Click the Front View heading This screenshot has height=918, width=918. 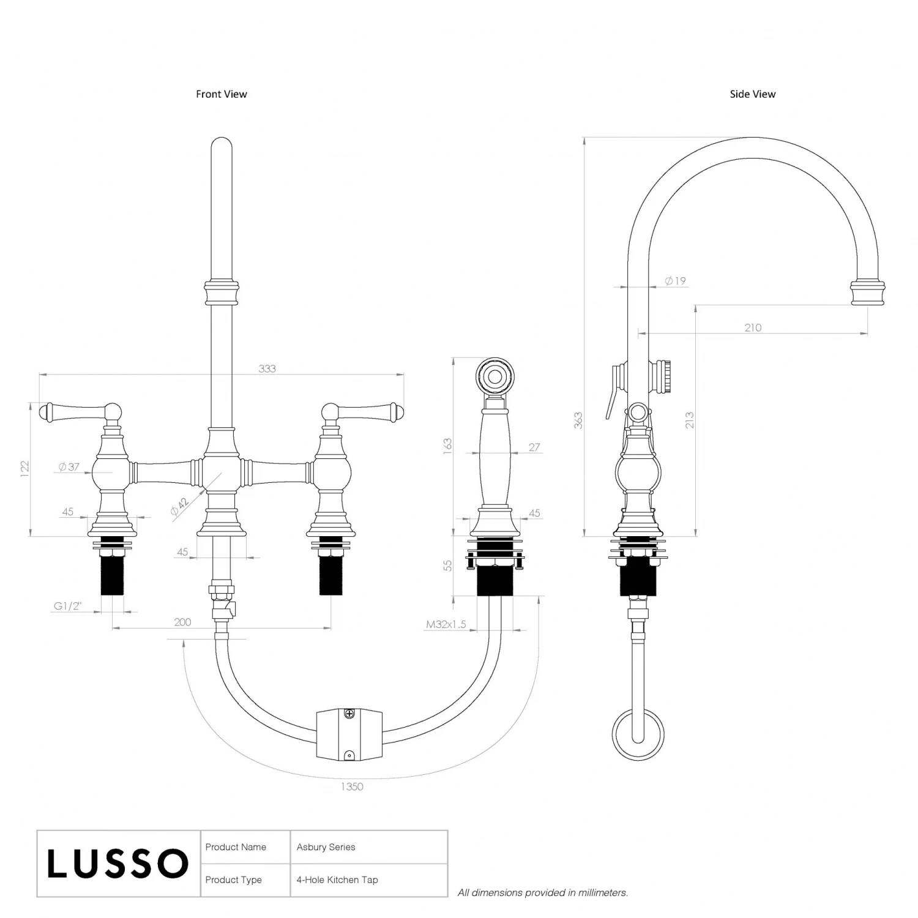222,94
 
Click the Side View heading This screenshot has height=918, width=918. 752,94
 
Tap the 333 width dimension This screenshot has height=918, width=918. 267,368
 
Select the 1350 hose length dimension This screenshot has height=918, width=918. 352,786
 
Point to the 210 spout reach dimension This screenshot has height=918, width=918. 753,327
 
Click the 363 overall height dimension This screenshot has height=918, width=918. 578,420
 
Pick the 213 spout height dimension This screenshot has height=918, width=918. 690,420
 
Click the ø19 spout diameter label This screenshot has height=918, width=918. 676,281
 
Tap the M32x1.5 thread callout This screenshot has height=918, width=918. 446,624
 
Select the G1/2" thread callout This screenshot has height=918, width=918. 67,606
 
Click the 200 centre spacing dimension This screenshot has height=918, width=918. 182,622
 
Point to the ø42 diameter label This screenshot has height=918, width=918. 179,507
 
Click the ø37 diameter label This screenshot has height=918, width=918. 69,467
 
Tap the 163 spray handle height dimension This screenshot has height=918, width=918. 447,444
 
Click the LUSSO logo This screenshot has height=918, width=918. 118,864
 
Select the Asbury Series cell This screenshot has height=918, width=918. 326,847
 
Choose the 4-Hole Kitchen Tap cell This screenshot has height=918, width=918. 337,880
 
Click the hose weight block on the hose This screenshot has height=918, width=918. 349,734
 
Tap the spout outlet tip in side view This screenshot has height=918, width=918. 868,292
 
